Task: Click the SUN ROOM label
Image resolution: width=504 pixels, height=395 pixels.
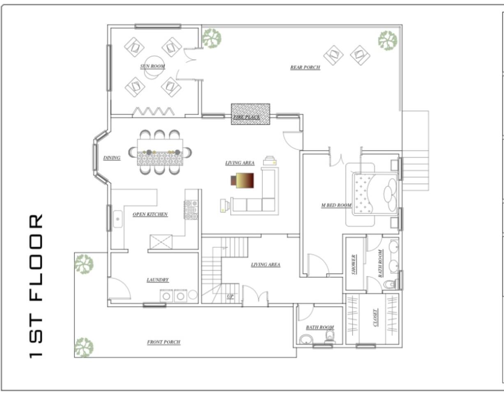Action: point(152,66)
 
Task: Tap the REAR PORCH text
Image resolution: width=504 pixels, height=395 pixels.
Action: point(305,67)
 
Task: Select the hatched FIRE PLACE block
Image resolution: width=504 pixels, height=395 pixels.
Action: point(251,114)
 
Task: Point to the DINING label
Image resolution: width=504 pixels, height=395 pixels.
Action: point(112,158)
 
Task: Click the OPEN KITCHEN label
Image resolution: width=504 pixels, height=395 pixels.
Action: point(150,214)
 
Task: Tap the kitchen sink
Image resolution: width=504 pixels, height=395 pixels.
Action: point(118,219)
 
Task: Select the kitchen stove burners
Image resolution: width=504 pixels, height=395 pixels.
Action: point(191,210)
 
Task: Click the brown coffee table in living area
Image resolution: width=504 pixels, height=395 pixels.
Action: point(242,180)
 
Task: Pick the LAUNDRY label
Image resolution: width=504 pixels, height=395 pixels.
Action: point(158,280)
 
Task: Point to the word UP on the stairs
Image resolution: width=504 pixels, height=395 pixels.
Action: point(230,296)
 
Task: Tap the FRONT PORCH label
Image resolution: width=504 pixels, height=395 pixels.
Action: point(163,342)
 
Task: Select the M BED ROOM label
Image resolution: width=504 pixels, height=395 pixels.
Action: point(336,205)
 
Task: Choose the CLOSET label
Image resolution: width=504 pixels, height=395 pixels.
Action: point(375,318)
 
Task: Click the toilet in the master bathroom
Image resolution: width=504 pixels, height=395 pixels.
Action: point(391,284)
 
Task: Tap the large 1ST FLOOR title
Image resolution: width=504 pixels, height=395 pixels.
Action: point(36,286)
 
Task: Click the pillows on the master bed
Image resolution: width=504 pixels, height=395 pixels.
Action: point(390,195)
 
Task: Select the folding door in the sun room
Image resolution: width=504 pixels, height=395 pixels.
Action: point(153,111)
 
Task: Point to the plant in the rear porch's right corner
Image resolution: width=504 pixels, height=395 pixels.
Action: point(388,41)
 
